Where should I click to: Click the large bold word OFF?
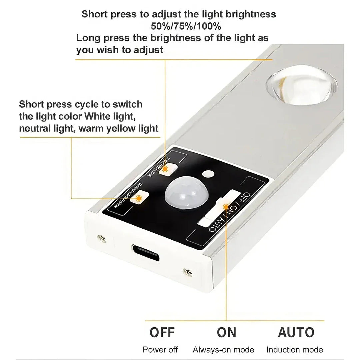pos(162,332)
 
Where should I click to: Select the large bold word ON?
pos(226,332)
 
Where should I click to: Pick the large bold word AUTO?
pos(296,332)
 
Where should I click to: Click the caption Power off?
pos(160,350)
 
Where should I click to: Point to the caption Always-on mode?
pos(223,350)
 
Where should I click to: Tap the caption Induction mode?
pos(295,350)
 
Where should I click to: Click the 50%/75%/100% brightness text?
pos(186,26)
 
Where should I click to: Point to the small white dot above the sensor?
pos(209,174)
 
